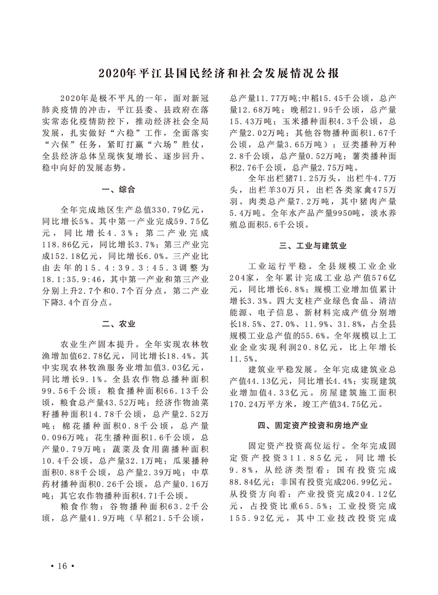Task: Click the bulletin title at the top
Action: pos(219,73)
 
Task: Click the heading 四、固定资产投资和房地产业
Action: pos(313,425)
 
